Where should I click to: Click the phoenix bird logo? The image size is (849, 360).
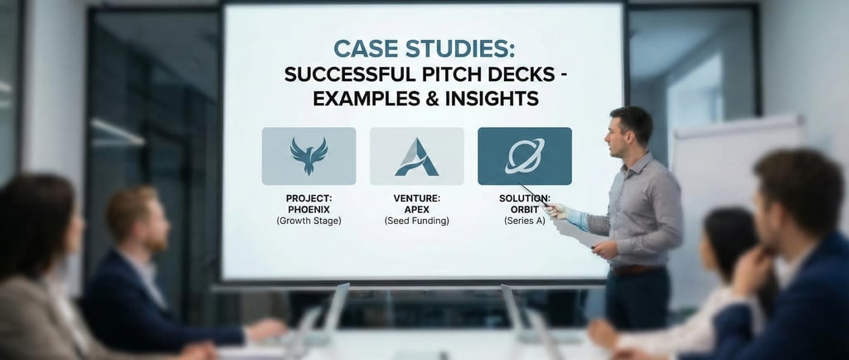click(308, 156)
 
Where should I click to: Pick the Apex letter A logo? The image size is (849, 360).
click(416, 156)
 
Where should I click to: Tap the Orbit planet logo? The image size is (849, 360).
click(524, 156)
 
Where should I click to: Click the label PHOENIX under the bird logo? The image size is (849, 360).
click(308, 210)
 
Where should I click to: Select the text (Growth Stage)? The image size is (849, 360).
click(308, 221)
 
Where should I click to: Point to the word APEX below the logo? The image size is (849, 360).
click(416, 210)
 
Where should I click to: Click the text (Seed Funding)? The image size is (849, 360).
click(416, 221)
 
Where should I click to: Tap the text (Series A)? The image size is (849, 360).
click(524, 221)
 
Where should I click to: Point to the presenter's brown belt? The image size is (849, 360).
click(633, 269)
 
